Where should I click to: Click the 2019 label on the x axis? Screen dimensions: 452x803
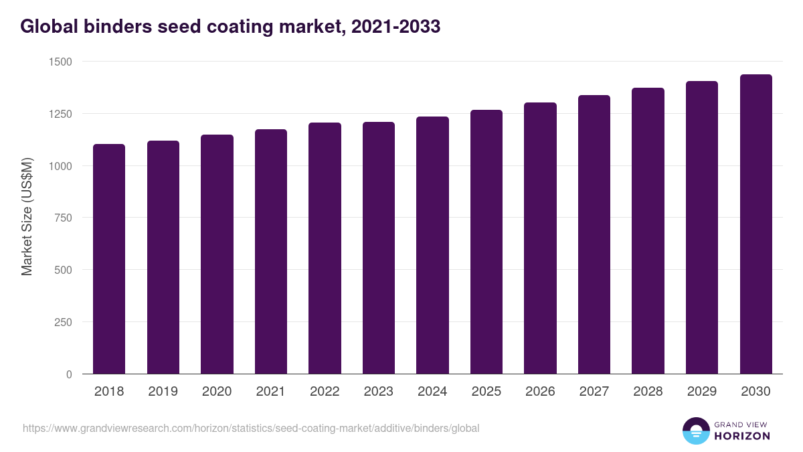coord(163,392)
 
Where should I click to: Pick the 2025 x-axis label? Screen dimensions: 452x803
coord(486,392)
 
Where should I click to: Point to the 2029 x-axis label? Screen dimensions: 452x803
coord(702,392)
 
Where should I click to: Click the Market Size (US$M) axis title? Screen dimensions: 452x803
coord(27,217)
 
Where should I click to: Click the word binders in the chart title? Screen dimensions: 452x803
coord(116,27)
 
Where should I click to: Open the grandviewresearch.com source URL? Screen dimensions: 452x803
coord(251,428)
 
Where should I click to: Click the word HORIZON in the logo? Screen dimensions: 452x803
coord(742,436)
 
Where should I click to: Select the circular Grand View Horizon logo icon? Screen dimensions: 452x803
coord(695,431)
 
